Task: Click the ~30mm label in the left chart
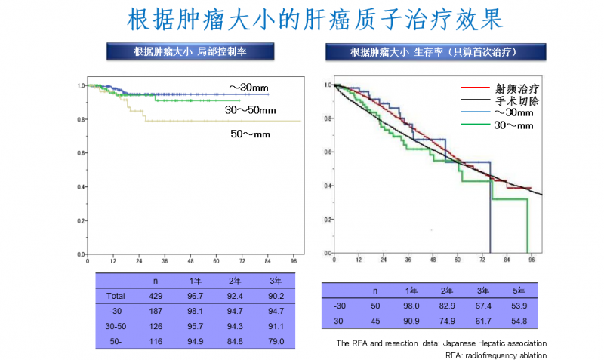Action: coord(248,88)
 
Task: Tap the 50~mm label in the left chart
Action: coord(250,134)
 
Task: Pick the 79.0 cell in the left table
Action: coord(277,342)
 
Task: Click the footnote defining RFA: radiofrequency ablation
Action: coord(496,355)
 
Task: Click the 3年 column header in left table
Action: coord(277,281)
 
